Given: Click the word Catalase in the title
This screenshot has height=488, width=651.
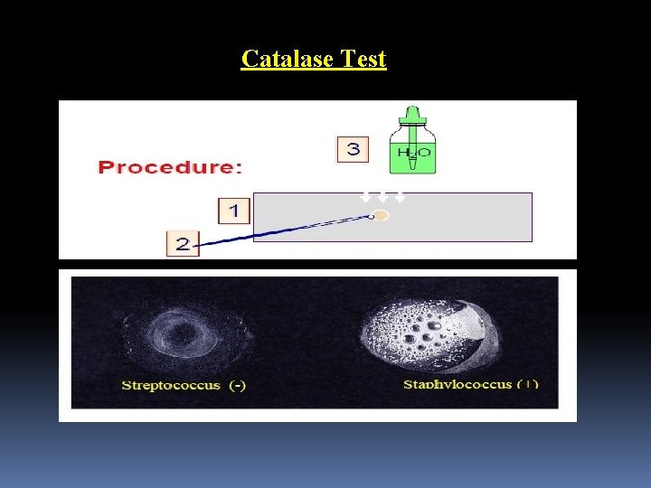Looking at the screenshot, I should click(x=287, y=60).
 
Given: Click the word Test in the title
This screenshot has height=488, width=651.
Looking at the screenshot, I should click(x=362, y=60).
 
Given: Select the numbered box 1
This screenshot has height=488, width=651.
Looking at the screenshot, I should click(x=233, y=211).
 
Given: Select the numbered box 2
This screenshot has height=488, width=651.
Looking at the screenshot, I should click(x=183, y=244).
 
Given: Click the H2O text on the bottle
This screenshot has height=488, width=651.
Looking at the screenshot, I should click(x=412, y=155).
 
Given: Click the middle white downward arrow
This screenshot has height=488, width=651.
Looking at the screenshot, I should click(x=382, y=196).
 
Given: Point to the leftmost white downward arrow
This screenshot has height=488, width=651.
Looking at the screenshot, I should click(x=365, y=196).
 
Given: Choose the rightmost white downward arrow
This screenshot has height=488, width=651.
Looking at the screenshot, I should click(x=399, y=196).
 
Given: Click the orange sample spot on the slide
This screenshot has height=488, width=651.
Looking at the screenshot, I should click(x=382, y=215).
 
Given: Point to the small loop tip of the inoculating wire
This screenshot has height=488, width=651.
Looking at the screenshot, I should click(x=370, y=216).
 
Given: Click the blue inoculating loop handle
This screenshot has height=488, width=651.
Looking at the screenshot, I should click(x=271, y=231).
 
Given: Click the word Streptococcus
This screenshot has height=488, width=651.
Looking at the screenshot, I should click(x=171, y=385).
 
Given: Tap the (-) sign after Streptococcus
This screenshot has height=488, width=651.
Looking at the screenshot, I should click(x=237, y=385).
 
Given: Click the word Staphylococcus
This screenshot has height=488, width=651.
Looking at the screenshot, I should click(x=458, y=384).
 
